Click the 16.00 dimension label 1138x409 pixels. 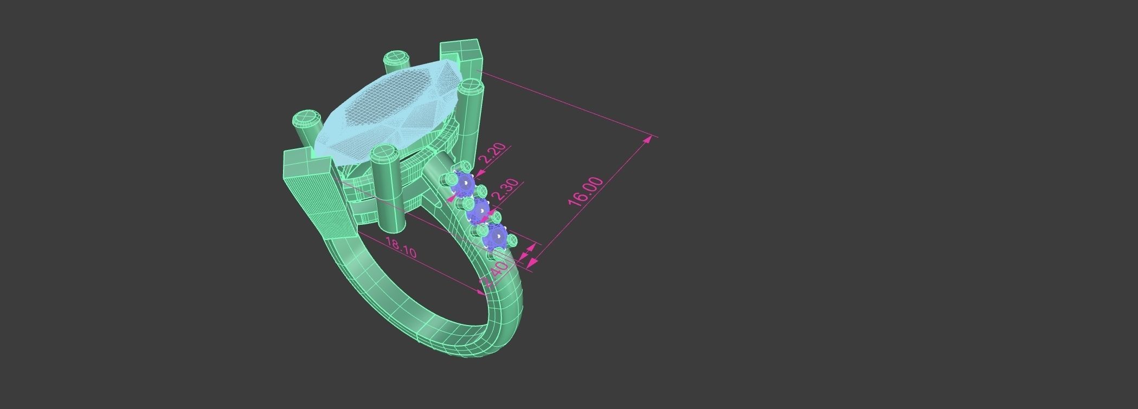586,191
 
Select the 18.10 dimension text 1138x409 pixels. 400,248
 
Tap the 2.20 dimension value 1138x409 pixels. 493,153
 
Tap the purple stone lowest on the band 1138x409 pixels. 496,236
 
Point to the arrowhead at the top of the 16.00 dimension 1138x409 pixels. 648,140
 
